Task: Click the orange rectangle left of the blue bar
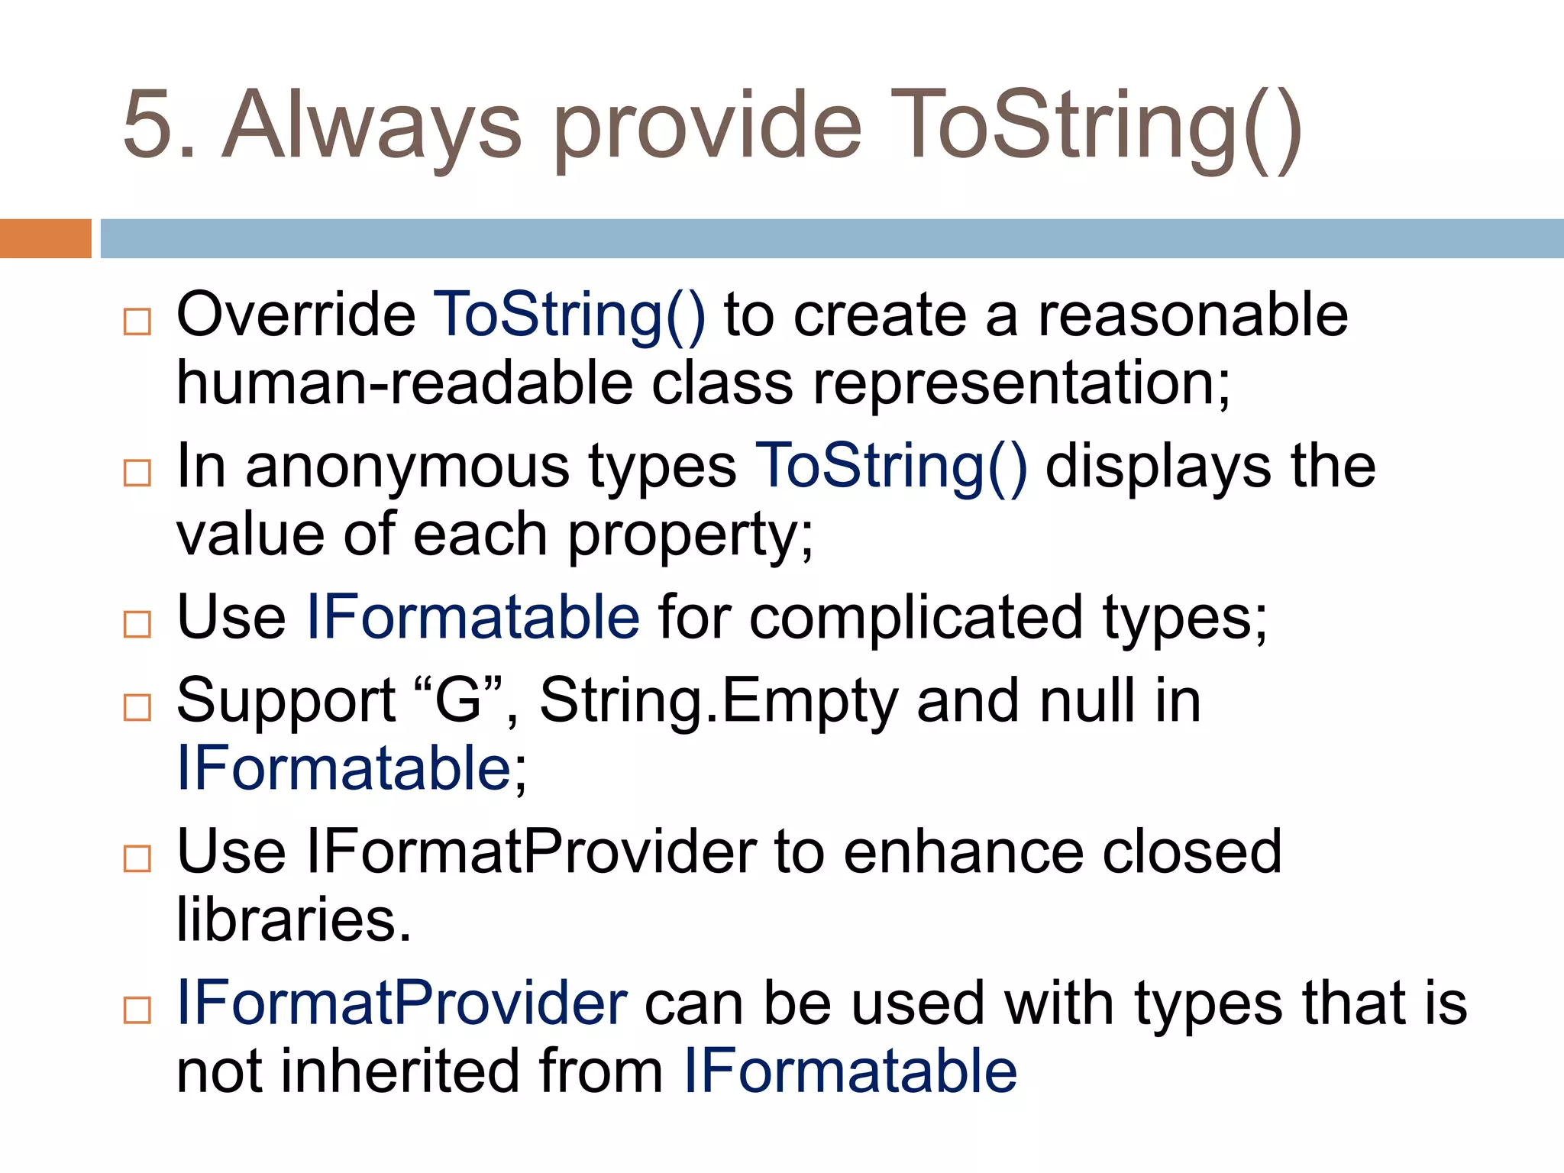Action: [45, 238]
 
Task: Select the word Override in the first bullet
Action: [296, 315]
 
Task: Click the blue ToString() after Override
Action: [569, 316]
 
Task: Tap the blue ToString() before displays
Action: [890, 467]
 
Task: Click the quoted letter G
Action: [457, 700]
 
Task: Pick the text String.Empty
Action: [719, 700]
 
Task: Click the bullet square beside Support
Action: [137, 707]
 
